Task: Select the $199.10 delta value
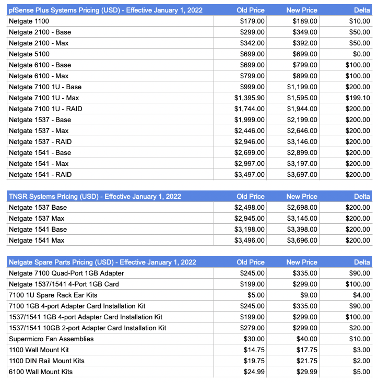pos(358,98)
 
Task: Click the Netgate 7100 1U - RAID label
pos(45,109)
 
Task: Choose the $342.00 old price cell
pos(252,43)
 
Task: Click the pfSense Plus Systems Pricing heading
pos(104,10)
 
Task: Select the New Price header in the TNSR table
pos(301,197)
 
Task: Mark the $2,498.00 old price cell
pos(250,208)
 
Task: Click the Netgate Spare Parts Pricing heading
pos(102,262)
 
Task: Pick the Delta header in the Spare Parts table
pos(362,262)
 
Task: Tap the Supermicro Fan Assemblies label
pos(51,339)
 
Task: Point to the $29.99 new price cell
pos(306,372)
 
